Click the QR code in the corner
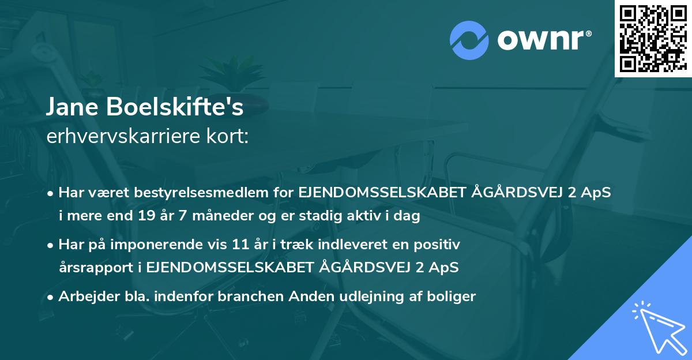point(652,38)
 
